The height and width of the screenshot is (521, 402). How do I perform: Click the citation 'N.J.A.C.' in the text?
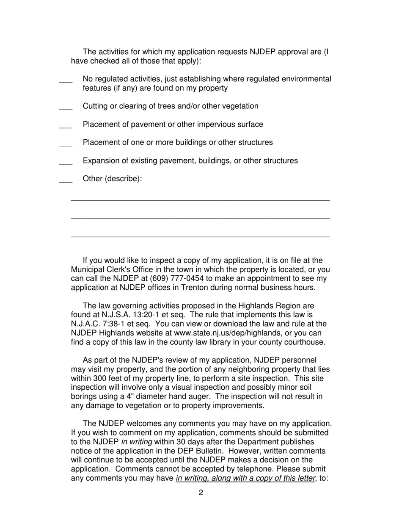(x=86, y=324)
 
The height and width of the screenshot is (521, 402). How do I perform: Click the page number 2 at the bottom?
(x=201, y=493)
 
